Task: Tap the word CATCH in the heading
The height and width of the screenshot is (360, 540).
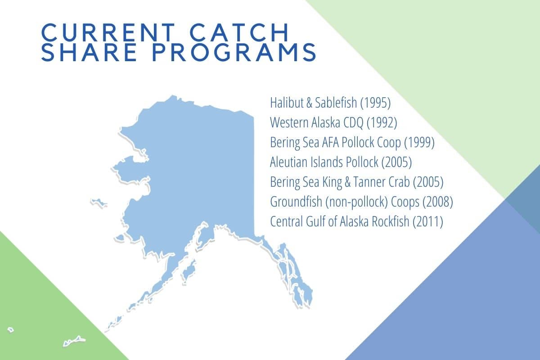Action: click(x=239, y=32)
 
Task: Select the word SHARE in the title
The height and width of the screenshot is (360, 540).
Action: click(x=89, y=52)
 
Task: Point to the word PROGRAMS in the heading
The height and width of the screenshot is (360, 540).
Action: click(x=234, y=52)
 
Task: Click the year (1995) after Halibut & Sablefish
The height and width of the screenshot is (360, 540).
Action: click(x=375, y=103)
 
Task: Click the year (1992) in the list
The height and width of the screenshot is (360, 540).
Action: click(x=382, y=123)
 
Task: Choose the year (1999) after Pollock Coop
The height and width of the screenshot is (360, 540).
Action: click(x=419, y=143)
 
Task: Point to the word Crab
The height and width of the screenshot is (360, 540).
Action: click(x=399, y=182)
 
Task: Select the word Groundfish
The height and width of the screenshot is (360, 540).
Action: click(x=296, y=202)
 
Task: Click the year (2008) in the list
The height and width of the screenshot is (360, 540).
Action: click(x=438, y=202)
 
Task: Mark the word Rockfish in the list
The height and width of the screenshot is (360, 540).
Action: click(x=390, y=221)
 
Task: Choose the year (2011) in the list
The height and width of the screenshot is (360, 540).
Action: click(x=428, y=221)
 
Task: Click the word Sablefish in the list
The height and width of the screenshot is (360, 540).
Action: click(x=336, y=103)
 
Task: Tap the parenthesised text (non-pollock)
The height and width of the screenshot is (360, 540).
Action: click(x=357, y=202)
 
